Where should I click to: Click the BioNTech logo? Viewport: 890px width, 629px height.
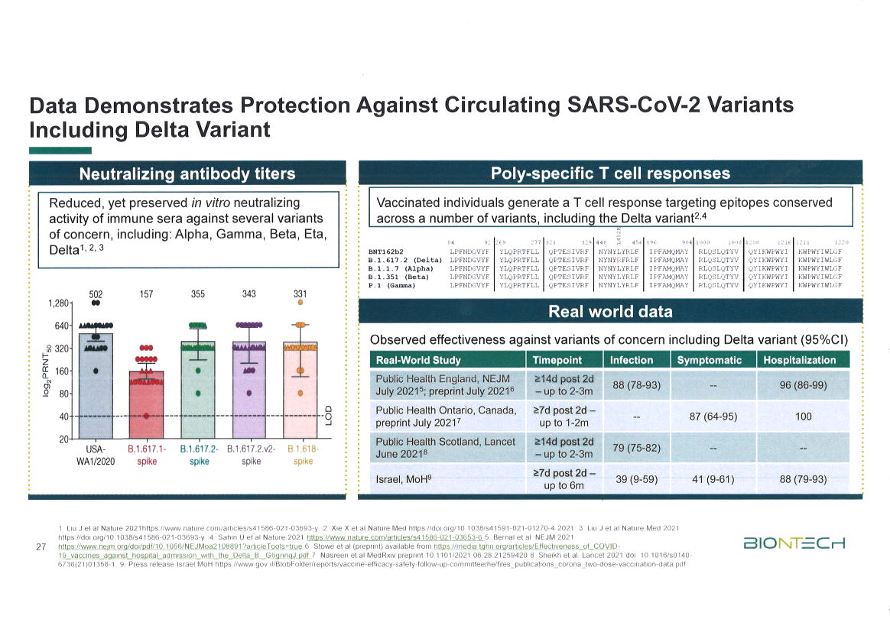click(794, 544)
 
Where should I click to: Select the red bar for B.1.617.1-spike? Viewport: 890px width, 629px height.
click(146, 405)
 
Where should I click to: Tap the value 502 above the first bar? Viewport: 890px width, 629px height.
click(96, 294)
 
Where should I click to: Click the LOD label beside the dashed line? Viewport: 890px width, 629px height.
click(328, 415)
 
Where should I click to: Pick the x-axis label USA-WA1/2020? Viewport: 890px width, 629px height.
click(96, 455)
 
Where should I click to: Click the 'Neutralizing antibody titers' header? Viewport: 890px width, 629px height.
click(187, 173)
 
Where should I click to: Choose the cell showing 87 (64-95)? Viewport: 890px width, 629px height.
click(713, 417)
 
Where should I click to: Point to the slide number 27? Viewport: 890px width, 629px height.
click(43, 546)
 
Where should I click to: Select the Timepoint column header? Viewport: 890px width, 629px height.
click(557, 360)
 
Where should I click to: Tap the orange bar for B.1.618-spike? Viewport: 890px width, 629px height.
click(300, 390)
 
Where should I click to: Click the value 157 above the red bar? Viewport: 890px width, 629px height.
click(146, 294)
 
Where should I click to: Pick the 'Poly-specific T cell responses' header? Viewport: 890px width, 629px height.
click(610, 173)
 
